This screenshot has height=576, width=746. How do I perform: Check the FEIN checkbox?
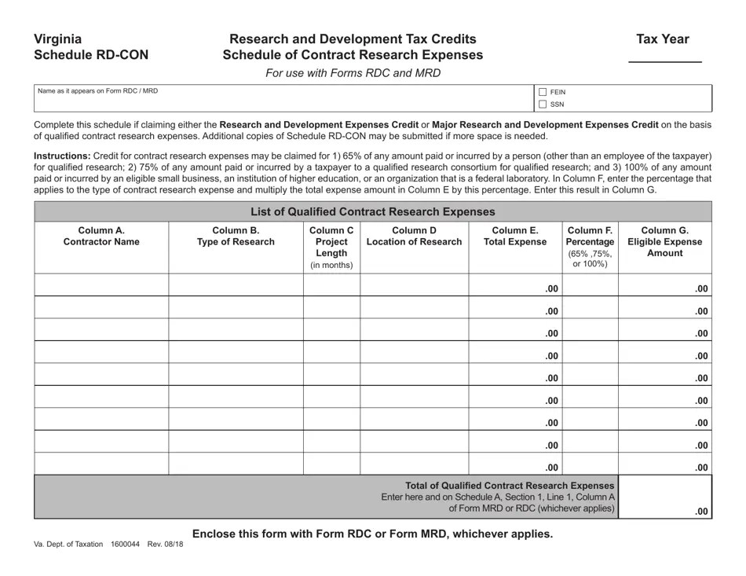[543, 92]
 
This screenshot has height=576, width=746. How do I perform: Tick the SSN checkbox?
[543, 104]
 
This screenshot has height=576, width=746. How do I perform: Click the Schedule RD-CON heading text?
[90, 55]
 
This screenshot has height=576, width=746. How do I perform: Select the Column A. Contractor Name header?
[101, 236]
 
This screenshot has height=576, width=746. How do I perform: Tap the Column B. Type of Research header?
[236, 236]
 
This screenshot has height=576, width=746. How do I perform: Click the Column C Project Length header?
[331, 247]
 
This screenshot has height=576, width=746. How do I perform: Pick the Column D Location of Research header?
[414, 236]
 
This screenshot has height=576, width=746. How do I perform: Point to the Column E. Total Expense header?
[515, 236]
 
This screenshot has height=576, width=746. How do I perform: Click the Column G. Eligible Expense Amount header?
[664, 241]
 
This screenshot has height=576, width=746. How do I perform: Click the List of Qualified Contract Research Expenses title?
[372, 211]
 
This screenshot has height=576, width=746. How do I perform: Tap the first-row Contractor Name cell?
[101, 284]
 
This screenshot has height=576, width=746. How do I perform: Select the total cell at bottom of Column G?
[664, 497]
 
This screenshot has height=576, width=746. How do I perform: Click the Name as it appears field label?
[98, 91]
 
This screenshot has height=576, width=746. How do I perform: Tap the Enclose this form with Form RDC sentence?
[372, 534]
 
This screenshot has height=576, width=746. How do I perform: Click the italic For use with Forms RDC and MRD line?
[353, 73]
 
